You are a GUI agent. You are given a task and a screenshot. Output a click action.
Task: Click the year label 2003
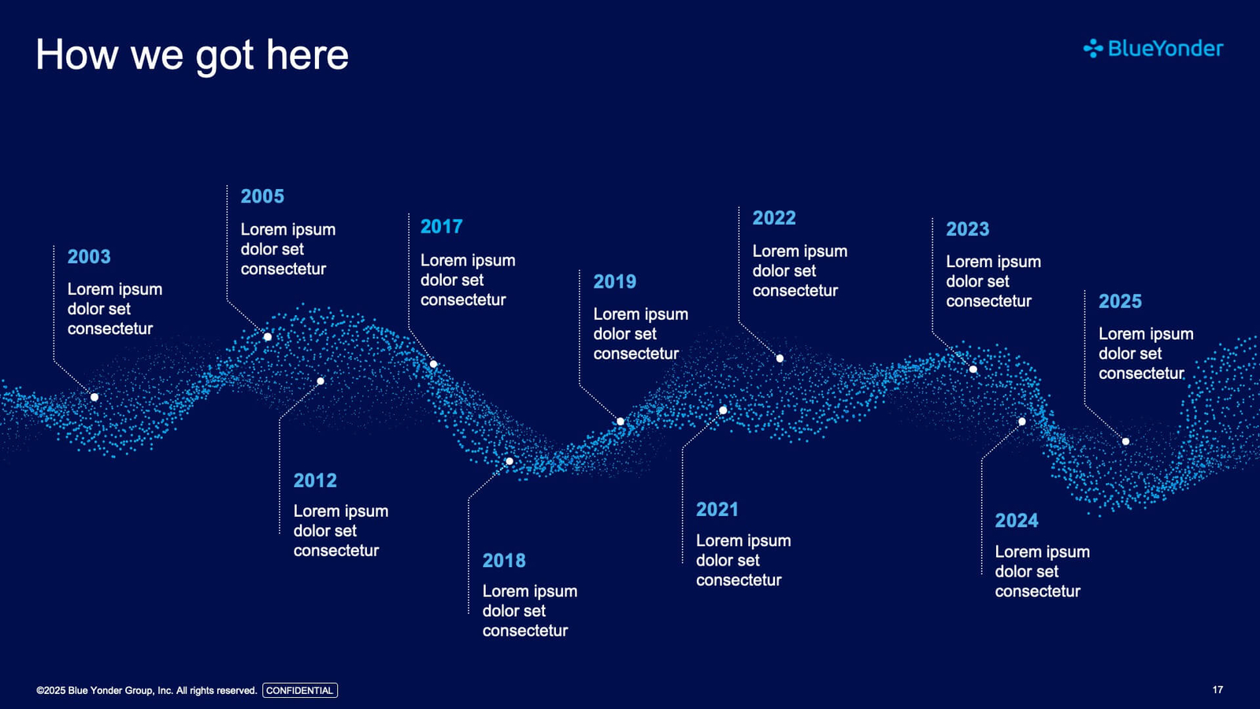89,257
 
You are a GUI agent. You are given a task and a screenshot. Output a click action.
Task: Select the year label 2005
262,196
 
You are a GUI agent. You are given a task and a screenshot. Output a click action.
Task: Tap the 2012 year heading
315,481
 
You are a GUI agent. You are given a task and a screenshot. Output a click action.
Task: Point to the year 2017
442,227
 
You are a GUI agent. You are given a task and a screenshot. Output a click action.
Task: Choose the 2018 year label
504,560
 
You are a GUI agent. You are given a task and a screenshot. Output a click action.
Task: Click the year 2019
615,281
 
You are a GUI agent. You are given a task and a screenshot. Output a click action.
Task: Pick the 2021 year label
717,510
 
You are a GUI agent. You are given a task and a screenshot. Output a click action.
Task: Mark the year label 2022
774,217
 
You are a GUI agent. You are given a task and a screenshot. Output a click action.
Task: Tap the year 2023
968,229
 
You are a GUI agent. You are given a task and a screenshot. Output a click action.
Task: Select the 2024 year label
1017,521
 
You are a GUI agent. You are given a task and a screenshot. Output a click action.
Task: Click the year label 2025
1120,302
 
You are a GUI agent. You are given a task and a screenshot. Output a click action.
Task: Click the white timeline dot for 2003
94,397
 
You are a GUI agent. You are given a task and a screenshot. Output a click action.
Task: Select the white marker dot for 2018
509,462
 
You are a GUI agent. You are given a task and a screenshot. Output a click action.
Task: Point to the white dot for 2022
780,358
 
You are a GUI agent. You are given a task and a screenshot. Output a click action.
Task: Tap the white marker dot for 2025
1125,442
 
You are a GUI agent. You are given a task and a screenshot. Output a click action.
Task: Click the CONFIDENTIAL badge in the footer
300,690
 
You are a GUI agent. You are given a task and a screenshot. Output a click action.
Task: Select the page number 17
1217,690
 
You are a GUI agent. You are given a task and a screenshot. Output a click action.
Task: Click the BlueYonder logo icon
1093,49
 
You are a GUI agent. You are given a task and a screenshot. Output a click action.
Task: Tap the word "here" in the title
307,55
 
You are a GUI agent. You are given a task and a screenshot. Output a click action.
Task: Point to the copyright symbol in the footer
40,690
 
